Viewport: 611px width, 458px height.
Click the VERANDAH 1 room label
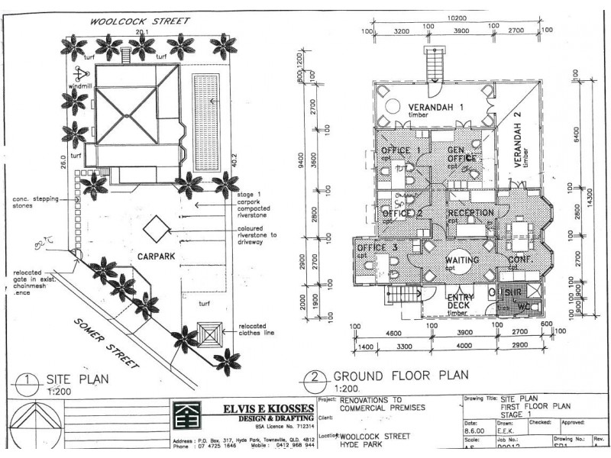click(x=434, y=107)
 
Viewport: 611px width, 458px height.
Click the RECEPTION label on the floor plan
click(x=470, y=213)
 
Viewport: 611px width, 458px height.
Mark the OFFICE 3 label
click(x=377, y=248)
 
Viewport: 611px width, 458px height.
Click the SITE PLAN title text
click(x=80, y=377)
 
